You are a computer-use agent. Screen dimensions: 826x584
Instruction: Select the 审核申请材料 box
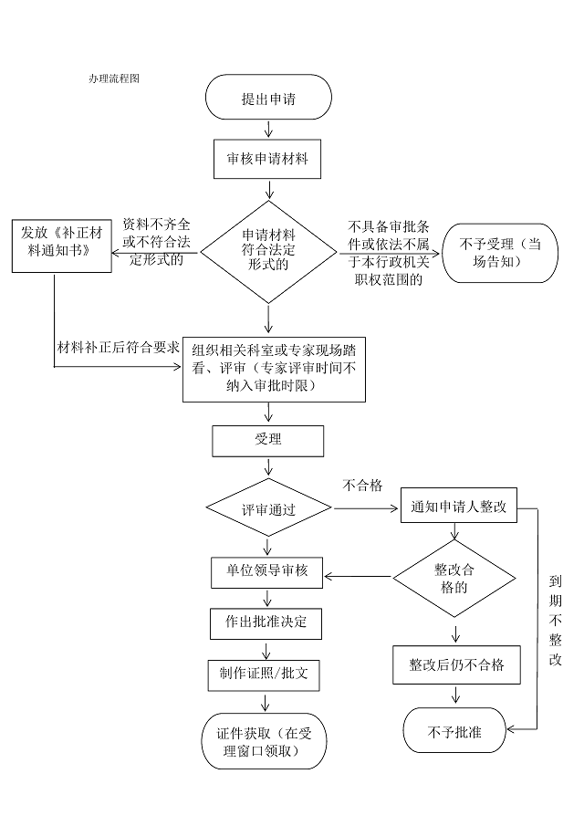point(267,159)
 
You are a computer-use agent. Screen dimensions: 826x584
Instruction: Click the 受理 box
point(267,440)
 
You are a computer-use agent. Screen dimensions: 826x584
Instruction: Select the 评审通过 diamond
point(267,508)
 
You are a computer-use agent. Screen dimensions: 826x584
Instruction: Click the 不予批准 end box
point(454,731)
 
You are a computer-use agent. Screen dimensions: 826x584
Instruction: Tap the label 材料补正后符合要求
point(119,347)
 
